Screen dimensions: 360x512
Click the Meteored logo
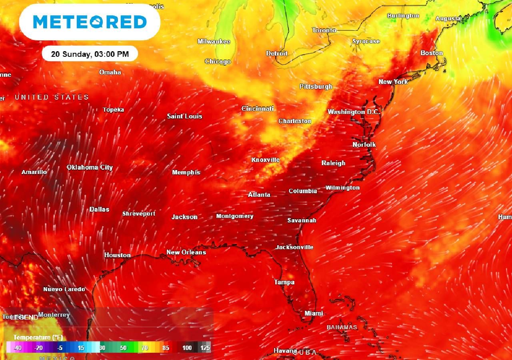click(x=90, y=22)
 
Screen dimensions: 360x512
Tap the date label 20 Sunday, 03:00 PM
click(x=90, y=54)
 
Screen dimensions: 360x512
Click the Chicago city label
click(x=218, y=62)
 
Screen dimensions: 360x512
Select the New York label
click(x=393, y=82)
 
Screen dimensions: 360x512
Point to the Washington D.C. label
click(x=354, y=112)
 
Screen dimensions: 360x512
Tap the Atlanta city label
click(x=259, y=195)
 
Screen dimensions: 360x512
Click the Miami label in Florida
click(x=314, y=314)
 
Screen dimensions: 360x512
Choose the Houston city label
click(x=117, y=255)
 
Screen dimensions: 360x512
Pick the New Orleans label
click(x=186, y=252)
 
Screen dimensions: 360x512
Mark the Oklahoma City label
click(x=90, y=168)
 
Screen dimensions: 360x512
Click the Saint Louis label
click(x=184, y=116)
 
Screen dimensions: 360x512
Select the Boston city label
click(x=432, y=53)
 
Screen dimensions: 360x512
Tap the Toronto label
click(x=324, y=30)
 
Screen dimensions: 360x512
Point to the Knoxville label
click(x=265, y=160)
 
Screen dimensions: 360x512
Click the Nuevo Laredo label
click(x=64, y=289)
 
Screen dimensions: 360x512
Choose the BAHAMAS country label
click(x=342, y=327)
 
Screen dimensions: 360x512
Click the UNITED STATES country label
click(x=52, y=97)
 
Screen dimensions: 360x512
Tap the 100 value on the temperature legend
click(x=187, y=348)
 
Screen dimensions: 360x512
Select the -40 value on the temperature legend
click(x=18, y=348)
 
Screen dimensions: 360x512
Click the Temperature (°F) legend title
click(x=38, y=338)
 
